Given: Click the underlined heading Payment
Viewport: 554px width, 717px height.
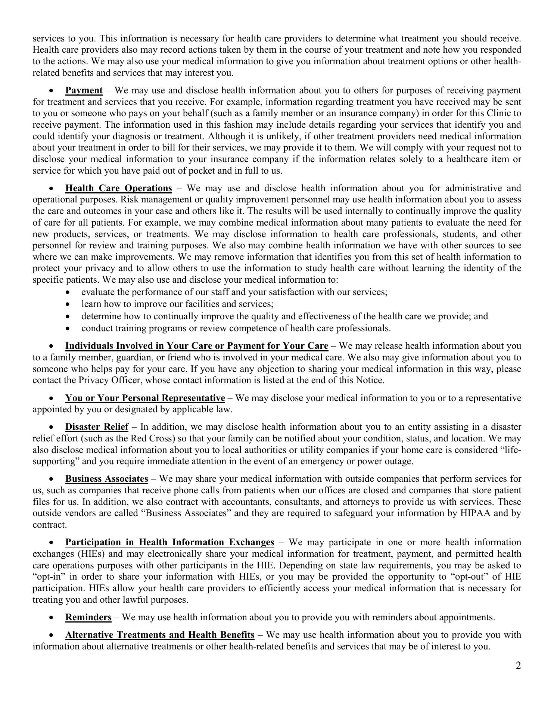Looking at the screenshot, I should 84,90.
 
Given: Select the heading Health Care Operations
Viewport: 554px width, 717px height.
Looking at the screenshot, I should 118,188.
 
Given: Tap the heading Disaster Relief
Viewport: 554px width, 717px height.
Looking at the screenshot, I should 97,426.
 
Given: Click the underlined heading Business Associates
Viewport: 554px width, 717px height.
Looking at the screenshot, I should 106,478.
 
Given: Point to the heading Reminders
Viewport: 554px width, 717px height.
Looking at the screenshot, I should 88,617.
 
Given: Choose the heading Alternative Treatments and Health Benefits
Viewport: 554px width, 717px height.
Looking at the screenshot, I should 159,634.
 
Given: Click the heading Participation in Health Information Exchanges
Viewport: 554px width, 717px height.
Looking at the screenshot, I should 169,542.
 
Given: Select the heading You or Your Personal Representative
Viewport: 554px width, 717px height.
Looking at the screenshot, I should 145,398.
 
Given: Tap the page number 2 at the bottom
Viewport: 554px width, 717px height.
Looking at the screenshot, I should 518,665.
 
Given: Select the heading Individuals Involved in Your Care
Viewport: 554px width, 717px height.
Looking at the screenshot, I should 196,345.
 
